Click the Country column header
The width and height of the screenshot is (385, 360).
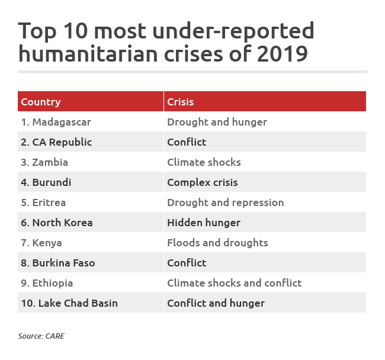41,102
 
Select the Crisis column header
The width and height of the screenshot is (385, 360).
181,102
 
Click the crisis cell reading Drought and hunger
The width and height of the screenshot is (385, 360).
217,122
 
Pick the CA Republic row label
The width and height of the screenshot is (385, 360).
56,142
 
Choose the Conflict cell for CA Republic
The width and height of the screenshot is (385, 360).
187,142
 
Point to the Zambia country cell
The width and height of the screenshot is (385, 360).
44,162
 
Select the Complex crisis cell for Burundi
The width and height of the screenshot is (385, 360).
202,182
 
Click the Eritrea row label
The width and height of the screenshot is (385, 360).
43,202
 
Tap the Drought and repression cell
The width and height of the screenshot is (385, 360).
225,202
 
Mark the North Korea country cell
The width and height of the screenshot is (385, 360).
57,223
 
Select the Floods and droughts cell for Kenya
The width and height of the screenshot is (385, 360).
217,243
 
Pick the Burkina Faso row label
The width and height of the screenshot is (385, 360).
58,263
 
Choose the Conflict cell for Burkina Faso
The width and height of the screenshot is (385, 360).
187,263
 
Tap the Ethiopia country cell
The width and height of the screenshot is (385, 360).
47,283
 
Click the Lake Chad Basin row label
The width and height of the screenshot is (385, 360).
69,303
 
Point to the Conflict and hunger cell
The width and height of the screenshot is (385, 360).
216,303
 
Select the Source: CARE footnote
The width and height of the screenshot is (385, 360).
41,336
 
